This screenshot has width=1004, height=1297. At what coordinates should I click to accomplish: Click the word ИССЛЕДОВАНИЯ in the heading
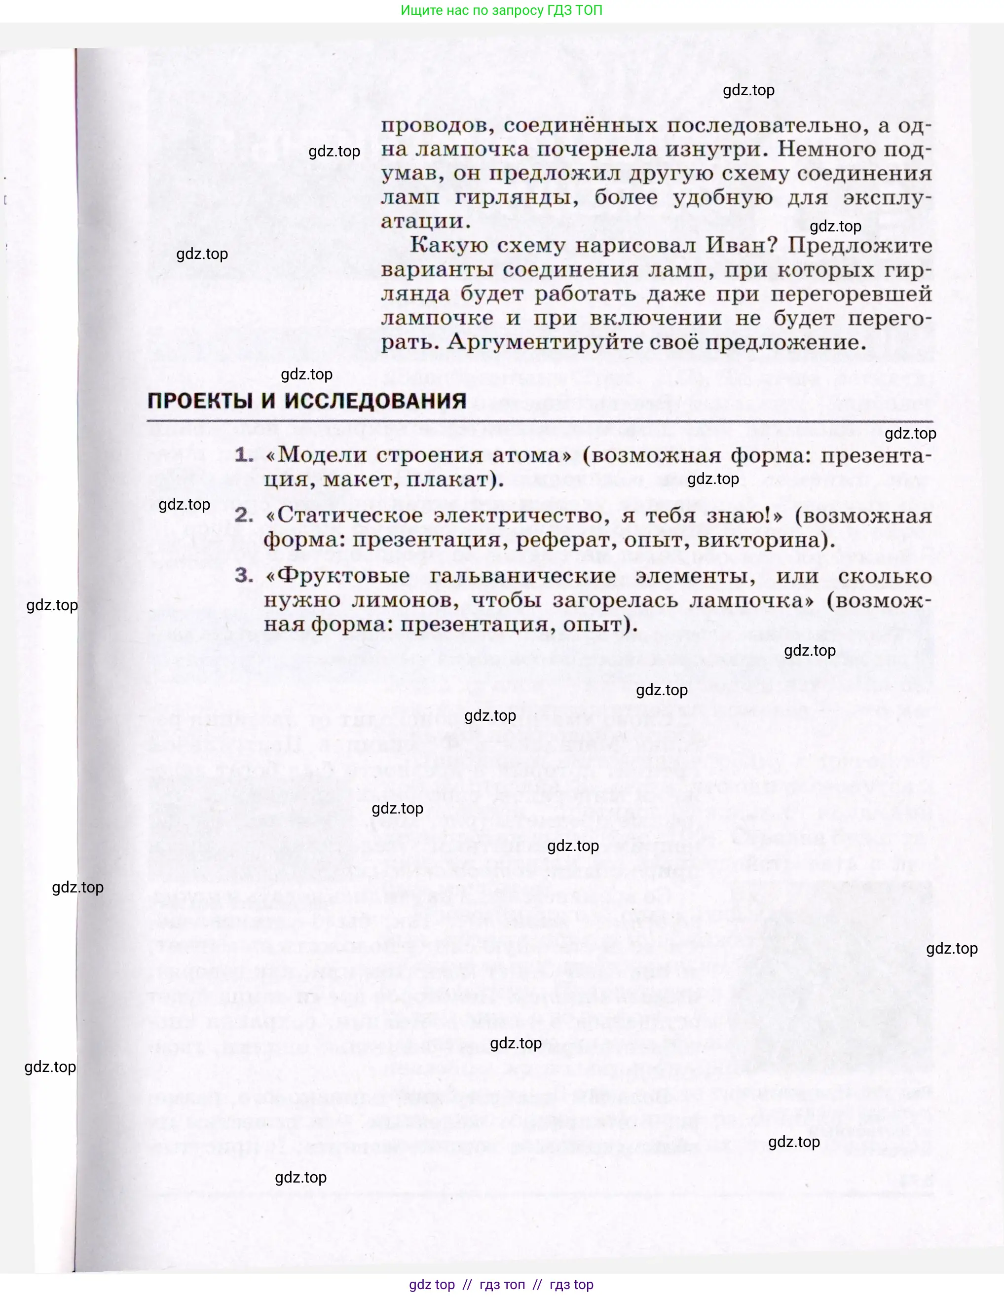click(375, 401)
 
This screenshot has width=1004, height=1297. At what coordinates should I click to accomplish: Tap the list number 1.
click(243, 455)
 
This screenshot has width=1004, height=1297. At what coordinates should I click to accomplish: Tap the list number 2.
click(243, 516)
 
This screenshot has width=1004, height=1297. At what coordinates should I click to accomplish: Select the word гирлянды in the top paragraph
click(516, 197)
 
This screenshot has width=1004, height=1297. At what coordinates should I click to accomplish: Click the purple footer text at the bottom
click(502, 1285)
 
